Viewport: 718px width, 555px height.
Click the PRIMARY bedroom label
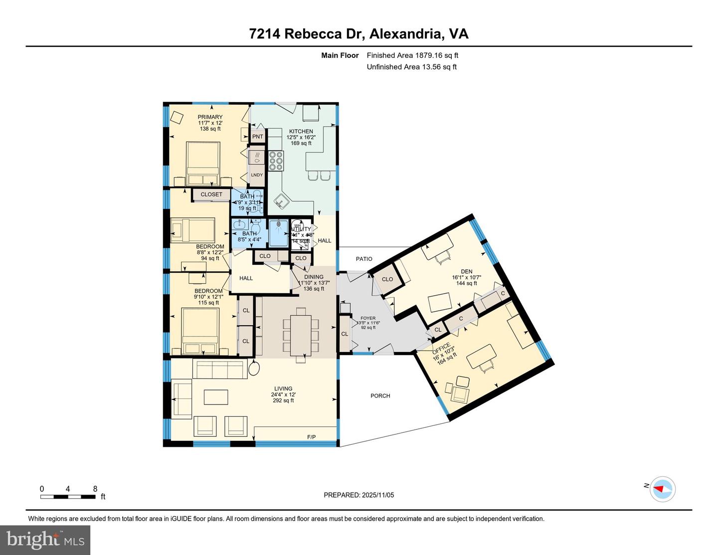pos(210,117)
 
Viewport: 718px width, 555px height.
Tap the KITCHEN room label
pos(301,132)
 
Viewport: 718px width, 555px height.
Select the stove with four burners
pos(276,161)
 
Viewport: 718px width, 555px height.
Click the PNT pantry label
pos(258,137)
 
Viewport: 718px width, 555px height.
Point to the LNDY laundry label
pos(257,175)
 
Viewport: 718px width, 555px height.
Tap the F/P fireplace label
pos(311,437)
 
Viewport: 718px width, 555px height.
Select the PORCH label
pos(380,396)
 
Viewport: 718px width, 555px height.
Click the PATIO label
pos(364,259)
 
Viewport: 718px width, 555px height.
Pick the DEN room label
pos(466,272)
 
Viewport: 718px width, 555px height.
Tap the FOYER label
pos(368,318)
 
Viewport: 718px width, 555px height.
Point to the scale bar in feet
pos(68,496)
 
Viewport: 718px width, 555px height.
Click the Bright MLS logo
pos(45,540)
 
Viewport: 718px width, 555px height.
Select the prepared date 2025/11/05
pos(359,495)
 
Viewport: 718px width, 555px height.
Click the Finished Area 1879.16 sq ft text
pos(412,55)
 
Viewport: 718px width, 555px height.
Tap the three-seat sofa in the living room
pos(219,370)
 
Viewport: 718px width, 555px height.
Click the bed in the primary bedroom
pos(203,164)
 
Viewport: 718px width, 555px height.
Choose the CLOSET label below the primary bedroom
pos(211,194)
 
